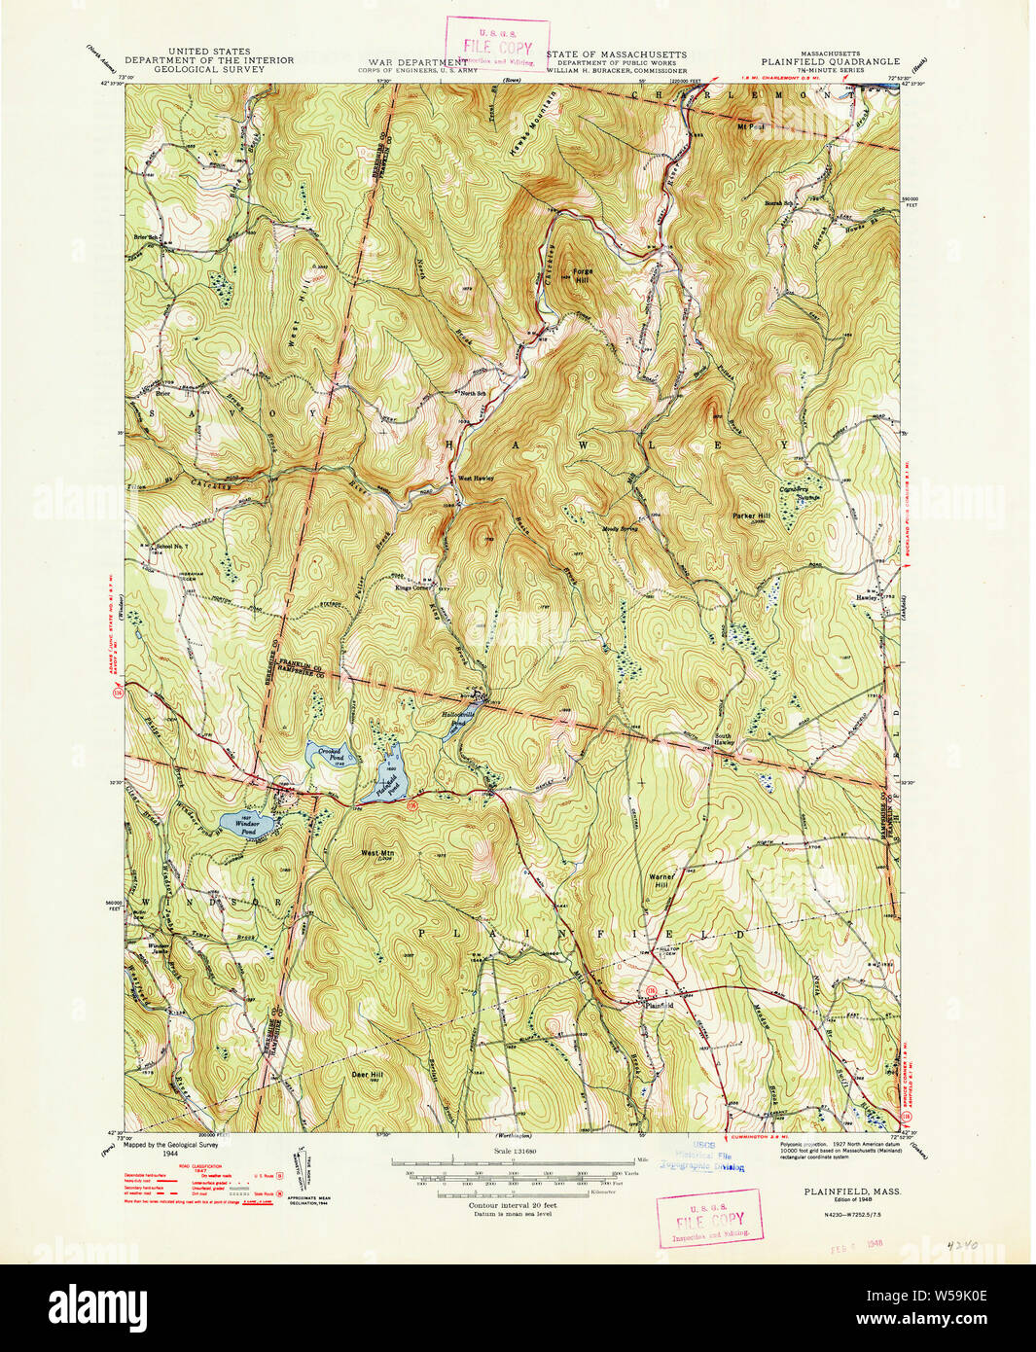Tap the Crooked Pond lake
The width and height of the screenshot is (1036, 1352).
click(326, 754)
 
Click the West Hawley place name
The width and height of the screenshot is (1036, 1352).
click(477, 478)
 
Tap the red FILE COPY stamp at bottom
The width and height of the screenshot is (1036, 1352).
click(708, 1218)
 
